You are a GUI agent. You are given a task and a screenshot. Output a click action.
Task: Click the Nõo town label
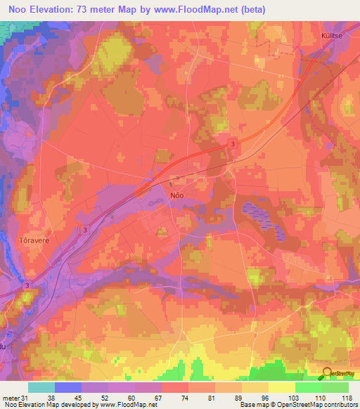(177, 198)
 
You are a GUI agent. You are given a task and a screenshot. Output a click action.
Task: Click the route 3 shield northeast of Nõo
(232, 143)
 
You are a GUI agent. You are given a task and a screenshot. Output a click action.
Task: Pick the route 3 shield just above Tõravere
(85, 229)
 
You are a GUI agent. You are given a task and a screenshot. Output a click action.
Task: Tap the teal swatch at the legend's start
(41, 387)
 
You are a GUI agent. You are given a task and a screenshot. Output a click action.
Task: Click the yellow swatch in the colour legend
(281, 387)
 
